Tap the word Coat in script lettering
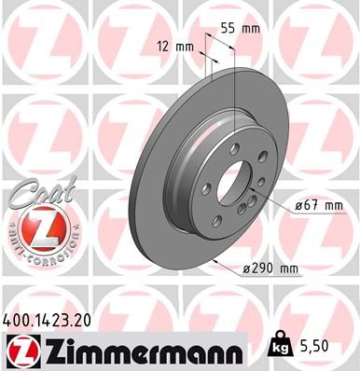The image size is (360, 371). (35, 193)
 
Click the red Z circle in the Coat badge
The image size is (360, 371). (35, 227)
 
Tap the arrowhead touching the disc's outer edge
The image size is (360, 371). (215, 264)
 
